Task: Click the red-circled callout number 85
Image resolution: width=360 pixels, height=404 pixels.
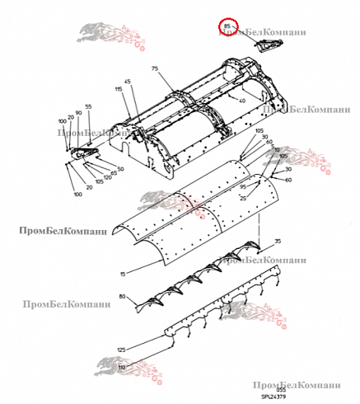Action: coord(227,27)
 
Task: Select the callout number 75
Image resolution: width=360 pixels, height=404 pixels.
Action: coord(154,70)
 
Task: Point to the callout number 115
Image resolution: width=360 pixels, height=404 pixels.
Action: coord(119,88)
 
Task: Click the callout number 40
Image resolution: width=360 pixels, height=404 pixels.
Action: coord(241,101)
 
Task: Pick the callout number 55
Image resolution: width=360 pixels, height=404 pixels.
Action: coord(88,107)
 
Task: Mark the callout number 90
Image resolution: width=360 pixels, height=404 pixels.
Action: coord(78,112)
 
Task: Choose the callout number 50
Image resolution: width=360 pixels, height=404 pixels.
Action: coord(120,168)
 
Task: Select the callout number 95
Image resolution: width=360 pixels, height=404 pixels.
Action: coord(243,187)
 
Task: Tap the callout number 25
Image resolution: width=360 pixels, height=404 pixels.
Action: coord(243,198)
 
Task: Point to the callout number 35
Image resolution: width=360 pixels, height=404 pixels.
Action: coord(278,241)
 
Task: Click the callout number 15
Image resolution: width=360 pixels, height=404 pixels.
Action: coord(123,273)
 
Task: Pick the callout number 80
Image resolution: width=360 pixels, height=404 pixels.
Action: coord(123,296)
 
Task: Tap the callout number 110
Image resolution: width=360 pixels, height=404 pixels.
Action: coord(121,366)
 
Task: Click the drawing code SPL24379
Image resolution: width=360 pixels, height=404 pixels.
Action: coord(274,396)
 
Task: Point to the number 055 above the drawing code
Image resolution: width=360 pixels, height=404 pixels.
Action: coord(269,389)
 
